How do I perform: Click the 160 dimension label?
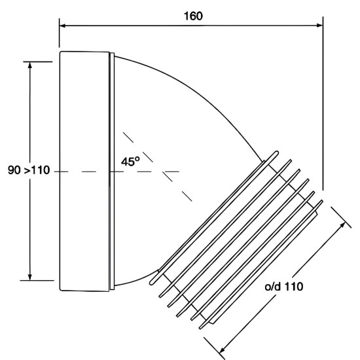click(x=193, y=16)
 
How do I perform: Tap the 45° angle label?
click(x=130, y=161)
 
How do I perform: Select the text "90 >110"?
click(x=29, y=170)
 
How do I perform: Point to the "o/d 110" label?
click(x=284, y=287)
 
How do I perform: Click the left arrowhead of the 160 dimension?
click(x=62, y=26)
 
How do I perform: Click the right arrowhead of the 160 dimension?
click(x=320, y=26)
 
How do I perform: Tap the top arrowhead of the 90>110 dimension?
click(x=29, y=65)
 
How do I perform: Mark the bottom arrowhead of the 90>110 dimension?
click(x=29, y=277)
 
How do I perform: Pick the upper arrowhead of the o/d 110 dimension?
click(x=342, y=225)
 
